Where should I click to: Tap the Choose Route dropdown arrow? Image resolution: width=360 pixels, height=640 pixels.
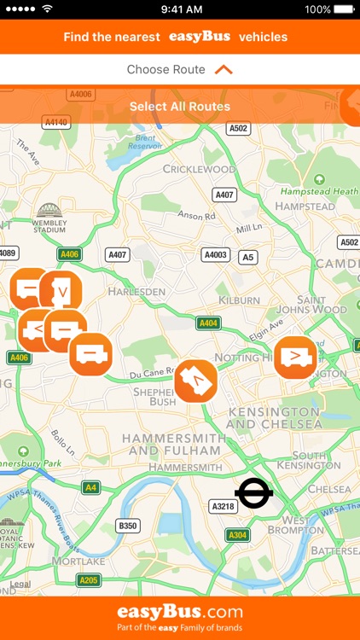pos(224,69)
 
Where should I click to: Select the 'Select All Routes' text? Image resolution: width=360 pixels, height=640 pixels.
pos(180,107)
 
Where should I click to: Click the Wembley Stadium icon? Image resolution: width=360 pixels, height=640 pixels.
pos(49,211)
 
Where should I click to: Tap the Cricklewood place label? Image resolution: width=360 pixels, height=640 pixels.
pos(199,169)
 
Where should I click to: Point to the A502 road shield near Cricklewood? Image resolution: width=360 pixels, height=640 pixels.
pos(238,128)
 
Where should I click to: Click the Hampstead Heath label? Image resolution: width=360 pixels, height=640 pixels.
pos(320,191)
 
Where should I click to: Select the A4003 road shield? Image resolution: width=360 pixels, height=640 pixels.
pos(216,254)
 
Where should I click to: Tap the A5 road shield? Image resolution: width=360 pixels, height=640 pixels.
pos(247,256)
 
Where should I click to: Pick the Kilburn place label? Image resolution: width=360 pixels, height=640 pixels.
pos(239,300)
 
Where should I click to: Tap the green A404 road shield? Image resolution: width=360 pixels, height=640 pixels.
pos(208,323)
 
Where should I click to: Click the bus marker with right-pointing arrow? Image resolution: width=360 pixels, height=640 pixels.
pos(296,357)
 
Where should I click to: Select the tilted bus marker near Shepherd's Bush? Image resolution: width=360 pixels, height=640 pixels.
pos(195,381)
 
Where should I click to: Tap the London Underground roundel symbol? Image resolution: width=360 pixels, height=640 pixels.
pos(253,492)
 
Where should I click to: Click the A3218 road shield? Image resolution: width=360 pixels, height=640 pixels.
pos(224,507)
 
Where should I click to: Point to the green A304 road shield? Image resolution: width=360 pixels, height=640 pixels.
pos(238,535)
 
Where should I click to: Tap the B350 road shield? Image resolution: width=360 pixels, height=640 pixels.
pos(127,526)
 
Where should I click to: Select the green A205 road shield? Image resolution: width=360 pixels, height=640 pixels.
pos(88,580)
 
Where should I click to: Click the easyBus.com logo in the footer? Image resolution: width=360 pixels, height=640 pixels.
pos(180,613)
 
